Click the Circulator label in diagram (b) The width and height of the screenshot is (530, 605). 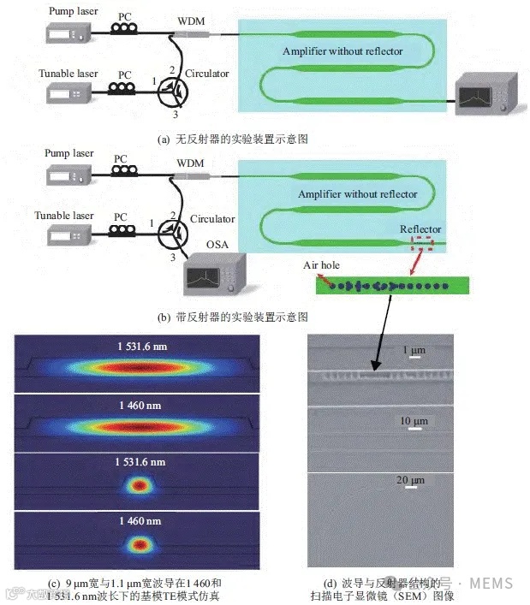211,219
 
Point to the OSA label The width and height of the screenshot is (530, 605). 216,246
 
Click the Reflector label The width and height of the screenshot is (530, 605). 420,228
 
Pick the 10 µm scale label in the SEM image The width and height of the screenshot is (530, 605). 414,420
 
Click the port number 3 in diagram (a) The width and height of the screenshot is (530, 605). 176,114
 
